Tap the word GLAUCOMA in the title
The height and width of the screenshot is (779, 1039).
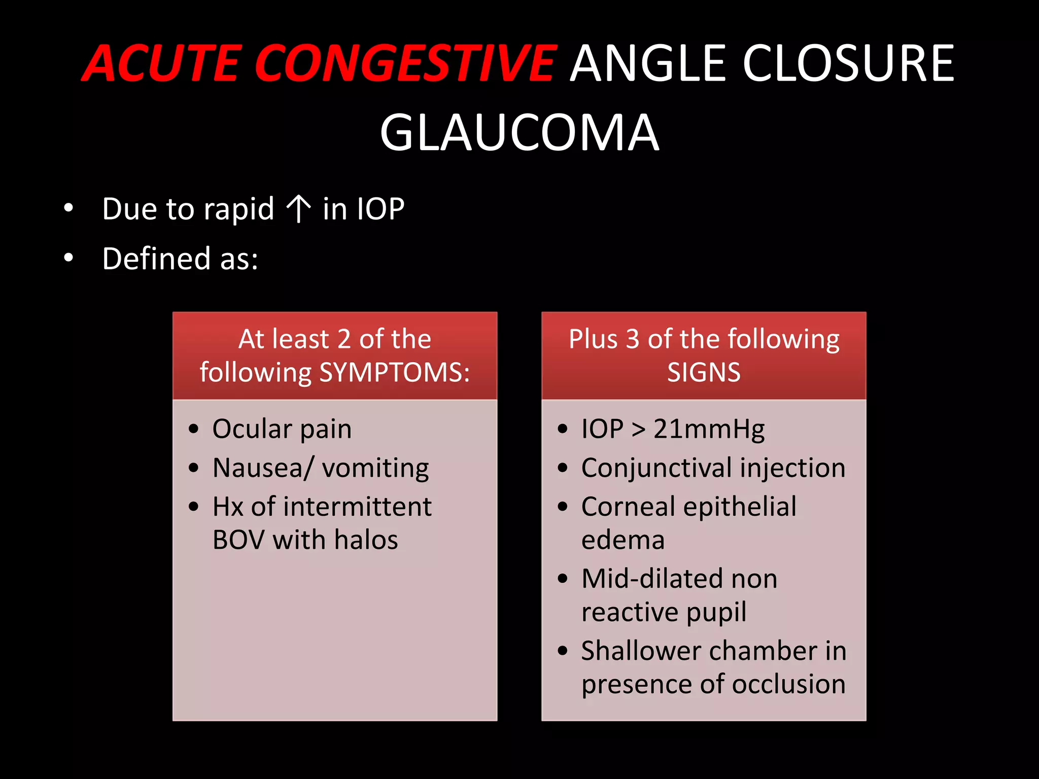[519, 133]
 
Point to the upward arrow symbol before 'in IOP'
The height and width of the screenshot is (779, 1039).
[298, 209]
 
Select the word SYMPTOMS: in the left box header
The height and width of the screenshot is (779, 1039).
[394, 372]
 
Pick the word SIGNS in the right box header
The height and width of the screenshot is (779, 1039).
[704, 372]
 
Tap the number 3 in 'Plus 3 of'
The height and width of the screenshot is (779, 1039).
[632, 339]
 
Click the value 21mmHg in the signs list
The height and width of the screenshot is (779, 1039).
[709, 429]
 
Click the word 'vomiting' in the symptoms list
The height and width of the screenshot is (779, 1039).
[375, 468]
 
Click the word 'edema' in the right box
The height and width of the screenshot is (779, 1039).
[622, 540]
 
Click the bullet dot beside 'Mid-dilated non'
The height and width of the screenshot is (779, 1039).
[562, 579]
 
